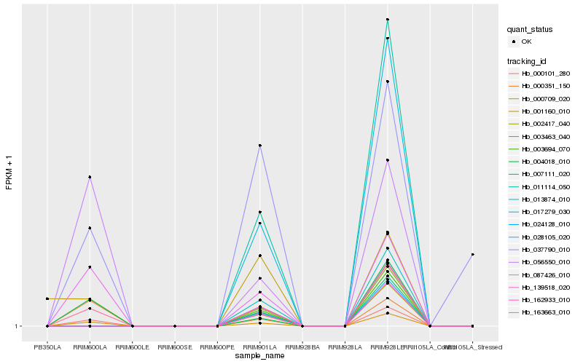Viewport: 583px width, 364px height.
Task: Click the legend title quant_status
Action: pyautogui.click(x=530, y=30)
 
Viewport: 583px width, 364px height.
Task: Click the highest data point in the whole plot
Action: pyautogui.click(x=388, y=20)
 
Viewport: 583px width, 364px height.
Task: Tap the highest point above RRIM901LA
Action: pyautogui.click(x=260, y=146)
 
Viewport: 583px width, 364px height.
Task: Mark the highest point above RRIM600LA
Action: pyautogui.click(x=90, y=177)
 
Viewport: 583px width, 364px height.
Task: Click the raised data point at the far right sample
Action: pyautogui.click(x=472, y=254)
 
